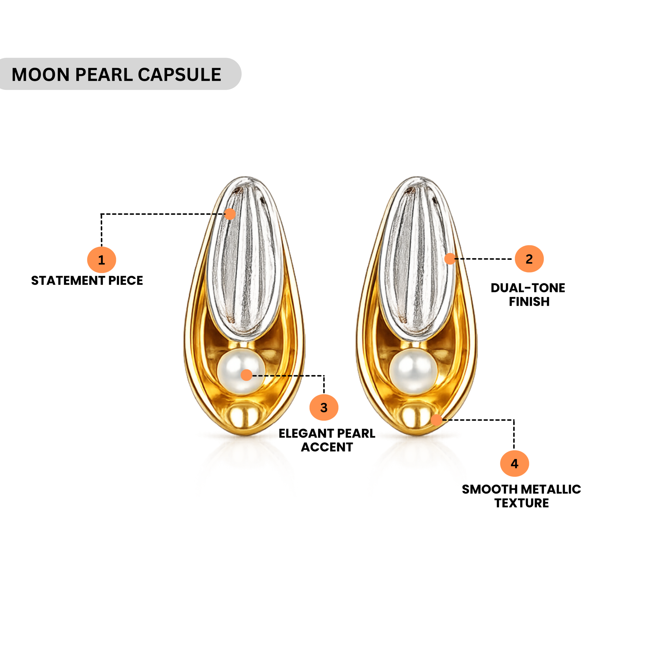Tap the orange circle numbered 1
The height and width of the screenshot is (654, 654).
(102, 260)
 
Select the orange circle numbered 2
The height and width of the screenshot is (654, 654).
(529, 259)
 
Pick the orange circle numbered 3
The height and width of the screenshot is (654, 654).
(324, 407)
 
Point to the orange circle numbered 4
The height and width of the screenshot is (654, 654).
(514, 463)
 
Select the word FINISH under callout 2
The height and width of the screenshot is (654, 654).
(529, 302)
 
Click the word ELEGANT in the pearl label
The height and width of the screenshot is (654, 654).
(306, 434)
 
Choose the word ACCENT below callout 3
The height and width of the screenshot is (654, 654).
(327, 447)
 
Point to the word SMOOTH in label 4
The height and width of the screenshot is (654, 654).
(489, 489)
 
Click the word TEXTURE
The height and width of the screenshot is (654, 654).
(522, 503)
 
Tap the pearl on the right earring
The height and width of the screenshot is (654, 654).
(413, 372)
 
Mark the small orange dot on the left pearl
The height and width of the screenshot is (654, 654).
(247, 375)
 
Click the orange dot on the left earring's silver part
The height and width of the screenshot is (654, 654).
(230, 214)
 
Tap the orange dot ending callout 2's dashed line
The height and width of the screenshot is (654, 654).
(450, 259)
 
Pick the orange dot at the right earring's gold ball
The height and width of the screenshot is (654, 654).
(437, 420)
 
